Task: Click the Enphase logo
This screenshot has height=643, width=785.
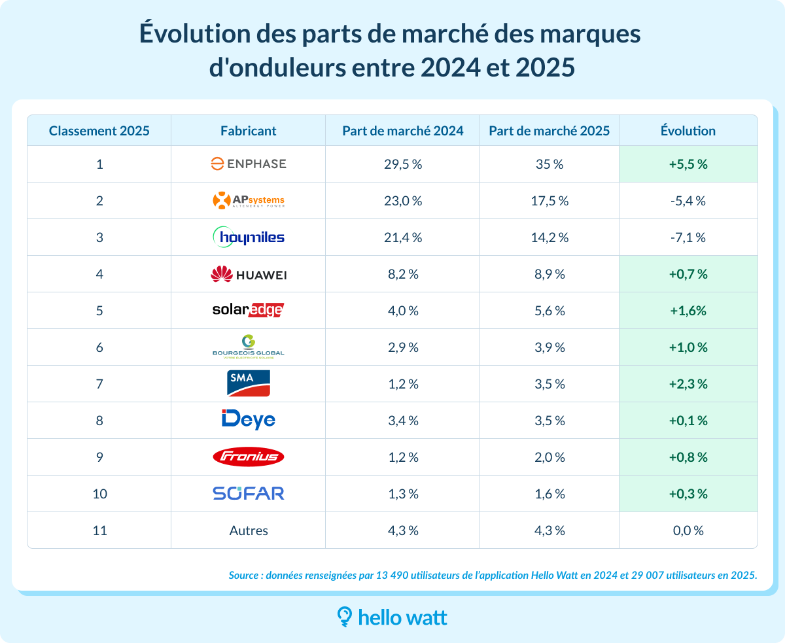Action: click(249, 164)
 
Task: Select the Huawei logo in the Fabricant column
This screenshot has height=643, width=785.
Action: click(249, 274)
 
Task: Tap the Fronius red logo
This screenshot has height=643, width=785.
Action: click(249, 457)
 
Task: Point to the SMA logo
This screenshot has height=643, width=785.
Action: click(249, 383)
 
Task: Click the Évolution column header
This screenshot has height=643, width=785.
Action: click(688, 131)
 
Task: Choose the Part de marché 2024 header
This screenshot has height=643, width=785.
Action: click(402, 131)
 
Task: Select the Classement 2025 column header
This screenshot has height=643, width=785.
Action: click(99, 131)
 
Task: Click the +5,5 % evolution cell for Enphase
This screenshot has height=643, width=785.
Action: click(688, 164)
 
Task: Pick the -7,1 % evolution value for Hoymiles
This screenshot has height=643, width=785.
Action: click(688, 237)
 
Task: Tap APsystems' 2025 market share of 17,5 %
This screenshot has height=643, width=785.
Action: click(549, 201)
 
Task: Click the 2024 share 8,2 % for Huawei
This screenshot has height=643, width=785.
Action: click(402, 274)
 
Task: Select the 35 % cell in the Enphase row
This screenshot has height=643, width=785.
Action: click(549, 164)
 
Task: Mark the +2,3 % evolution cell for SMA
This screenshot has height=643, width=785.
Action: click(688, 384)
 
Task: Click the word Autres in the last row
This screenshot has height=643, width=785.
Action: click(249, 530)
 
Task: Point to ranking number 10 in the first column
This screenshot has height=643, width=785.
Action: click(99, 494)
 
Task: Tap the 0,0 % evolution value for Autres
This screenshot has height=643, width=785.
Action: click(688, 530)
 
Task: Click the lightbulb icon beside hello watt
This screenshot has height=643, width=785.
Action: click(344, 617)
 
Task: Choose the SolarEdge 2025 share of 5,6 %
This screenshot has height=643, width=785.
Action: click(549, 311)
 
